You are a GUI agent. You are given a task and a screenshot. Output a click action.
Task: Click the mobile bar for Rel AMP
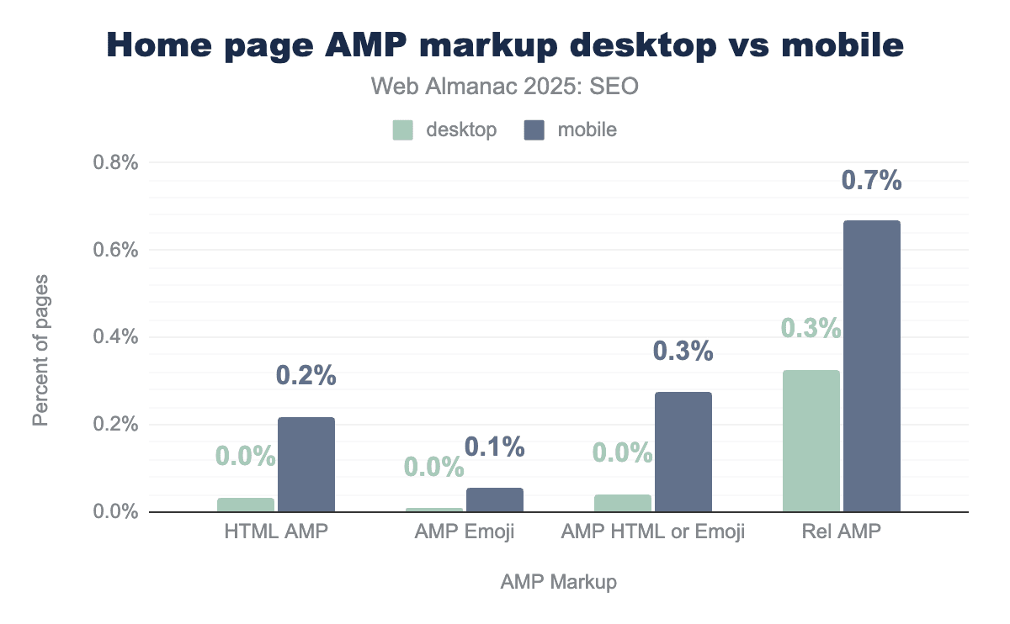click(x=872, y=366)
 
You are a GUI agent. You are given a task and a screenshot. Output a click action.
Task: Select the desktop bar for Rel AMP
click(x=811, y=441)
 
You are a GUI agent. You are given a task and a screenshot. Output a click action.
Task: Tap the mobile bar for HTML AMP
click(x=306, y=464)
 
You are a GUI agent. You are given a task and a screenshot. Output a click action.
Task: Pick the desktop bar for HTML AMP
click(x=246, y=505)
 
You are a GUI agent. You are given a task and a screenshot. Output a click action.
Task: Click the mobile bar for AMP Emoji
click(x=495, y=500)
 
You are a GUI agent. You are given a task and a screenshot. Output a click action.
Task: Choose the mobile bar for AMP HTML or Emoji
click(x=683, y=452)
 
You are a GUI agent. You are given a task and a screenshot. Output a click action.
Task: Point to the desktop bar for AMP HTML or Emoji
click(x=623, y=503)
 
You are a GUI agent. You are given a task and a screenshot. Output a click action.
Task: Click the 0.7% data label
click(x=872, y=181)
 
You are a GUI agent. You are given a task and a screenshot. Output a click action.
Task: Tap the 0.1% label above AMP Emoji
click(x=495, y=447)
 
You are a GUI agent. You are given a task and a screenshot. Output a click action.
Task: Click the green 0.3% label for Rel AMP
click(x=811, y=328)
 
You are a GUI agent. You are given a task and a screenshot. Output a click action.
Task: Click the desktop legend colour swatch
click(x=403, y=130)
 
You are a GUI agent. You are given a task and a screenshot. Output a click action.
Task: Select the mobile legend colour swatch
click(x=534, y=130)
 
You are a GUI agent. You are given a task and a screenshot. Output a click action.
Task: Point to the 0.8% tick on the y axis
click(x=114, y=162)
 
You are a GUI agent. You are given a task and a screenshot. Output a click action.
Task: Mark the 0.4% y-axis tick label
click(x=114, y=337)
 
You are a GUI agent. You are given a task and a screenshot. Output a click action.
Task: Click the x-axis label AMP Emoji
click(x=464, y=532)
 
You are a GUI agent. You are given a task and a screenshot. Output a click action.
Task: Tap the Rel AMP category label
click(x=841, y=532)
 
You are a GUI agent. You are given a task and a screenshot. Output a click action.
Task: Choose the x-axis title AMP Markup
click(x=559, y=582)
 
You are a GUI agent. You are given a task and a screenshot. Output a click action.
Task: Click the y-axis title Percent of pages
click(x=40, y=349)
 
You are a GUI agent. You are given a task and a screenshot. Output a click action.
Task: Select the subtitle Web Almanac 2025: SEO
click(x=505, y=87)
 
